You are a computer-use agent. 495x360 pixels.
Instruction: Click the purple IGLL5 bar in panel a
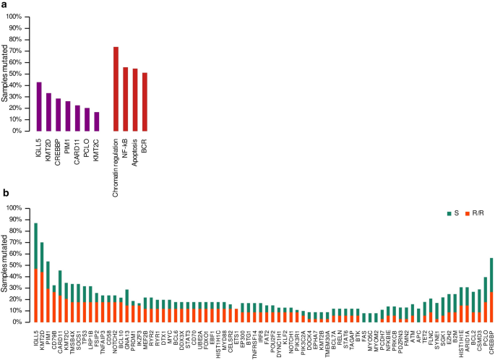tap(39, 106)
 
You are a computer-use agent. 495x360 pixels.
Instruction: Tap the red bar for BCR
tap(145, 102)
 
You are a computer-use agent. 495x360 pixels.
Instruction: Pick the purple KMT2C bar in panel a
tap(97, 121)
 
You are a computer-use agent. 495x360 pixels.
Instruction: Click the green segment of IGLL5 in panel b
tap(36, 246)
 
